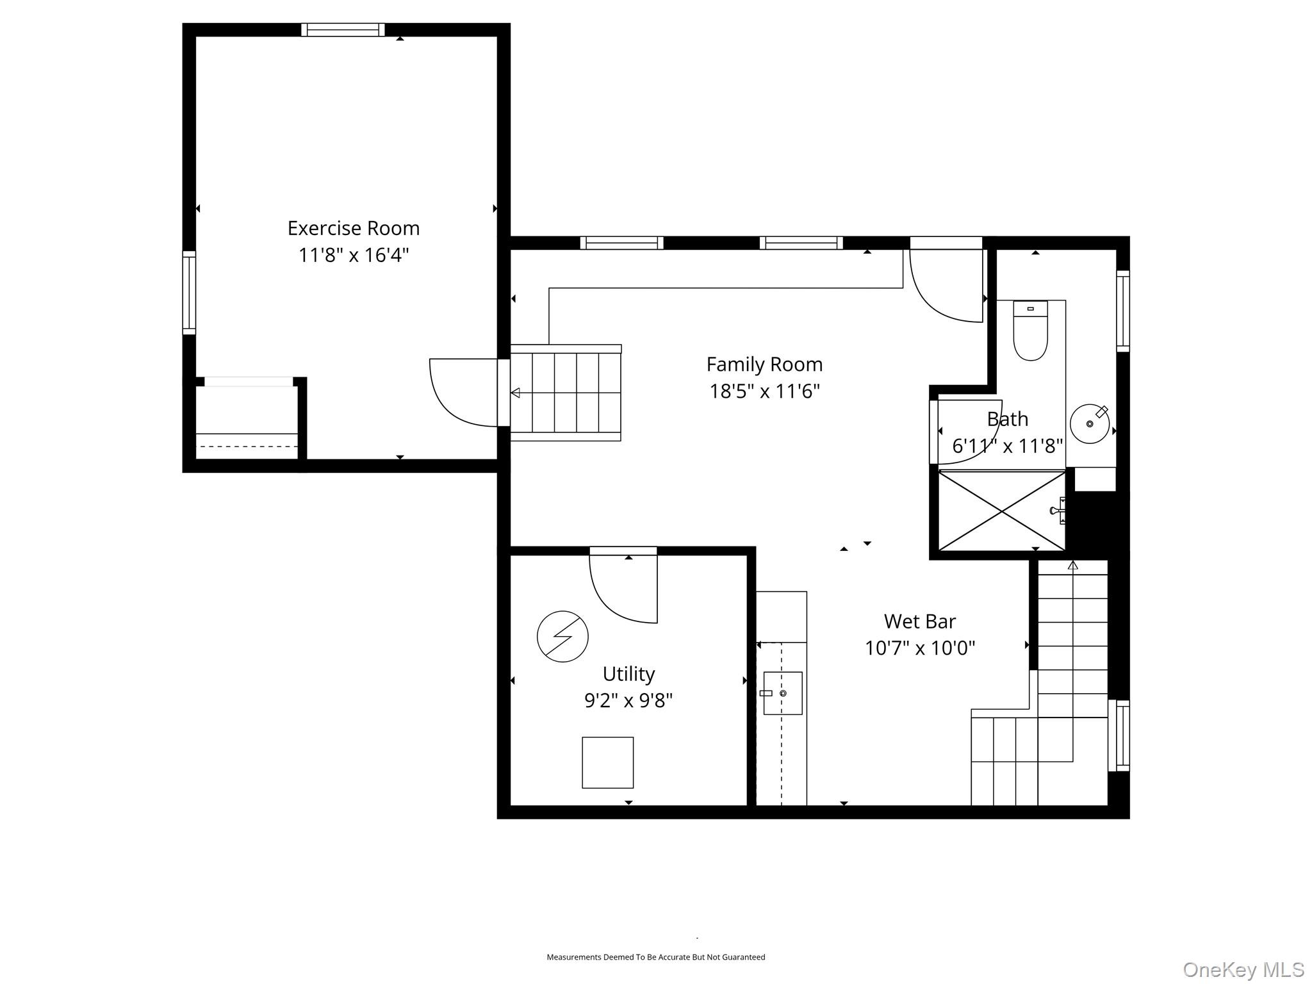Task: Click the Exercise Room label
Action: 353,228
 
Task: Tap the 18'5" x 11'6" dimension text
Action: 764,391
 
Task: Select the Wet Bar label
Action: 919,621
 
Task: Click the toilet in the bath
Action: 1030,332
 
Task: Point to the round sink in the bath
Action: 1089,423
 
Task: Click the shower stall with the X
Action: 1001,511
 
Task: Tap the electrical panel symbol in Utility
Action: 562,636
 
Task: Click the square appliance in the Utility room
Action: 607,762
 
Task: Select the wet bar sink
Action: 782,693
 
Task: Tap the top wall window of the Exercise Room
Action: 343,29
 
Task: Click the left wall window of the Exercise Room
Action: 189,292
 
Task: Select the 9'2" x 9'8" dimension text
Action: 628,701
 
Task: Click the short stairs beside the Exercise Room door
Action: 566,393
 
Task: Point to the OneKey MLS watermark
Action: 1243,969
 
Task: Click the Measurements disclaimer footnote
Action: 655,957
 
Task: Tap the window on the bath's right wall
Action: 1122,311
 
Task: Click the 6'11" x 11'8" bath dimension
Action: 1007,446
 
